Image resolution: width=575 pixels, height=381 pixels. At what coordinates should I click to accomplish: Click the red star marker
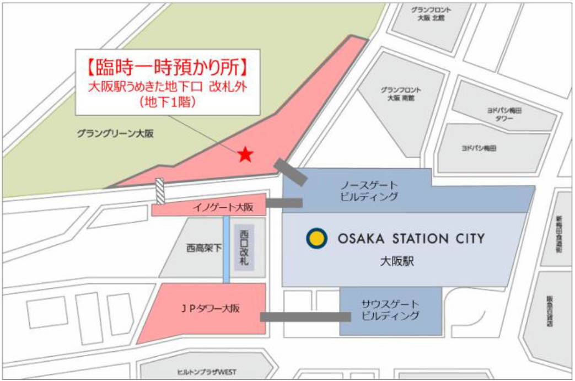click(245, 155)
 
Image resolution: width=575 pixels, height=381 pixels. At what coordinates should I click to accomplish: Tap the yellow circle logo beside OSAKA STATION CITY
click(316, 238)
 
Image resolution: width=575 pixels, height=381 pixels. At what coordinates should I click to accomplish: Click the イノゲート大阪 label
click(223, 207)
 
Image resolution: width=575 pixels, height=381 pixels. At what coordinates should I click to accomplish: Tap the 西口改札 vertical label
click(244, 248)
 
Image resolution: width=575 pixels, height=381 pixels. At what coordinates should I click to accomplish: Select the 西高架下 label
click(203, 248)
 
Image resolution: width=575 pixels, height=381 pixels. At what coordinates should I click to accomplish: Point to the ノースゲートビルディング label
click(369, 190)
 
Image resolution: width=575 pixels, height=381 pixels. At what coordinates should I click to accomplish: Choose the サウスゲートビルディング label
click(390, 310)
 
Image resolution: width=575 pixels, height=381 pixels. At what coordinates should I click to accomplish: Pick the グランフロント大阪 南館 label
click(401, 94)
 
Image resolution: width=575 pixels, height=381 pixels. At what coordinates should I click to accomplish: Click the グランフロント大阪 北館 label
click(431, 14)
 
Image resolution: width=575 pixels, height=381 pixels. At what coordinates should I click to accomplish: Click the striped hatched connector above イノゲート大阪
click(160, 191)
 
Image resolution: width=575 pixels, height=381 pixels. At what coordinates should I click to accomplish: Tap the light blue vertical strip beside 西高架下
click(226, 249)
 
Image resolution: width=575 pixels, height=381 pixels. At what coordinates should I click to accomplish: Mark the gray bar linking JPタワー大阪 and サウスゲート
click(305, 316)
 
